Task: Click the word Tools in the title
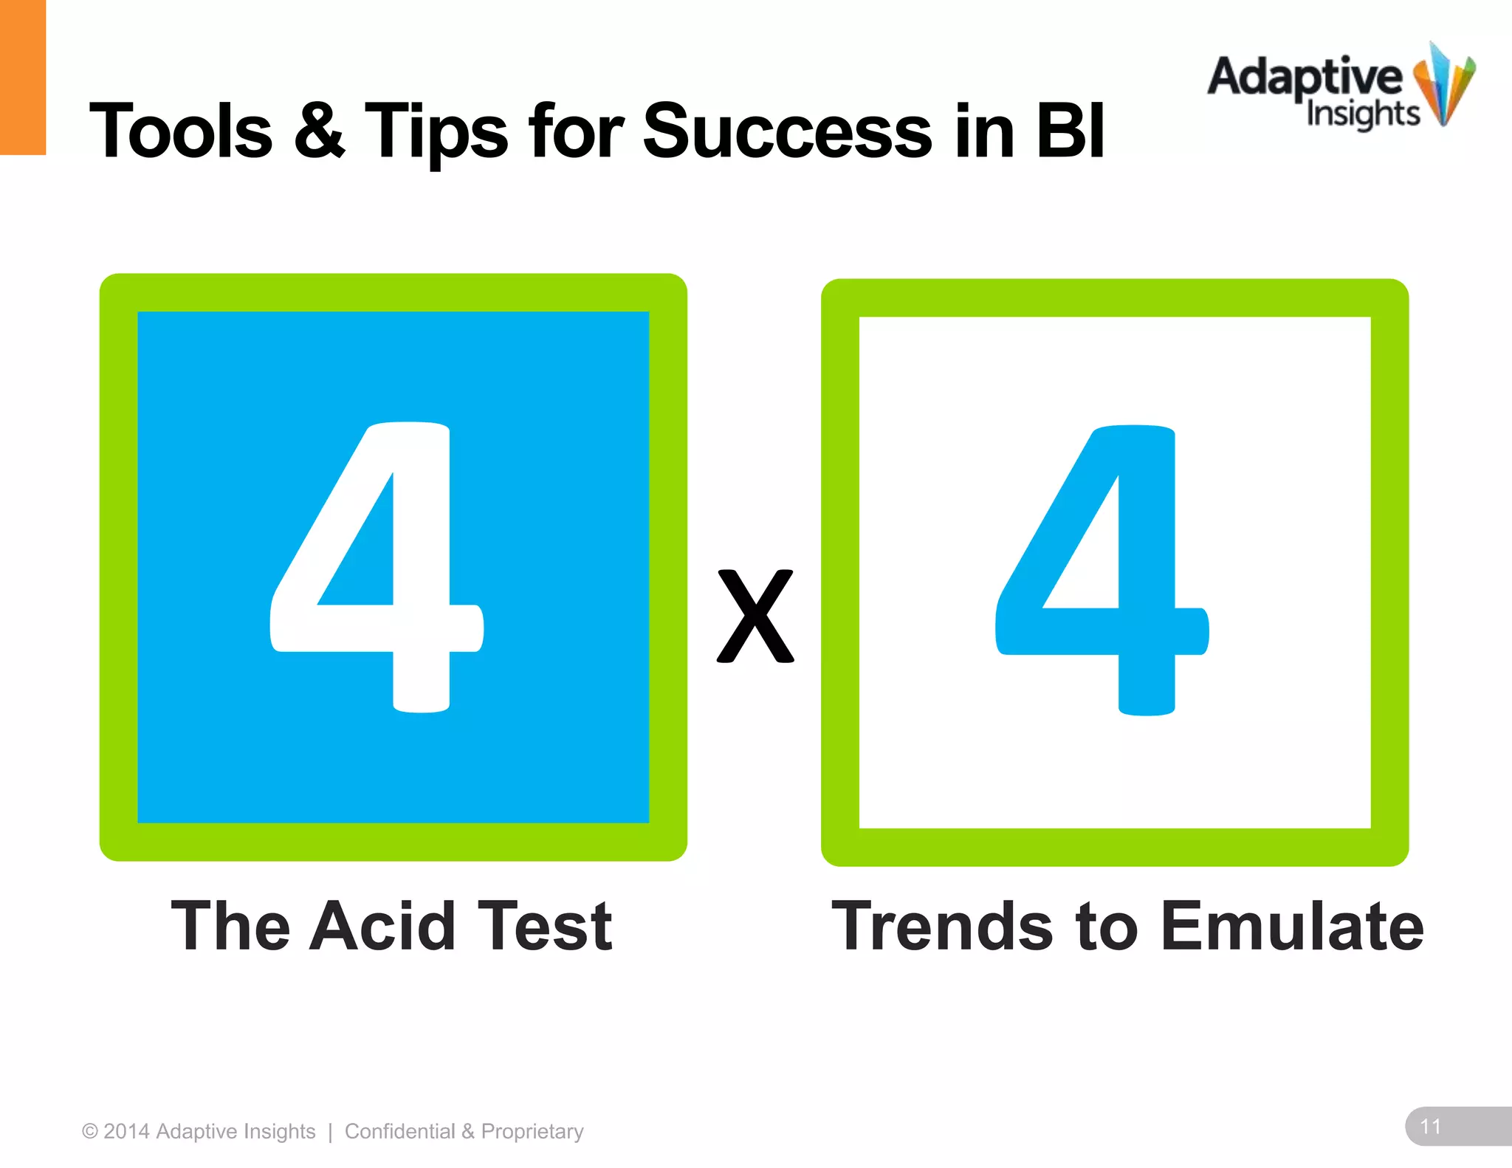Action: [x=181, y=131]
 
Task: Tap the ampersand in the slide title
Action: [x=319, y=131]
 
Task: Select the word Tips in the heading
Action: [x=436, y=131]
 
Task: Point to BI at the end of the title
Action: [x=1070, y=131]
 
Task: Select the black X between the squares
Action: [x=755, y=616]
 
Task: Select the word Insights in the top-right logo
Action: [x=1363, y=114]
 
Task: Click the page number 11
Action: [x=1431, y=1126]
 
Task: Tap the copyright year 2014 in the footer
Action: [x=126, y=1131]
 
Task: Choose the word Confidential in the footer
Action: [x=399, y=1131]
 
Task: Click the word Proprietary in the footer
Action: [x=532, y=1131]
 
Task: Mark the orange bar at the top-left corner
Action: [x=23, y=77]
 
